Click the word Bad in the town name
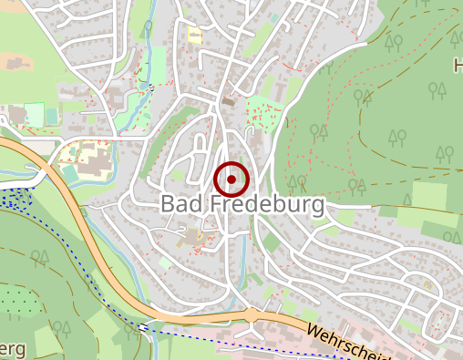pos(180,204)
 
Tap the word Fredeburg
pos(263,204)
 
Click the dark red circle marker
pos(231,180)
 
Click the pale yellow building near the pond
pos(194,35)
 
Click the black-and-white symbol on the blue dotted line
pos(144,326)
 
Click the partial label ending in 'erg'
pos(14,350)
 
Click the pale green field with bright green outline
pos(35,115)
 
